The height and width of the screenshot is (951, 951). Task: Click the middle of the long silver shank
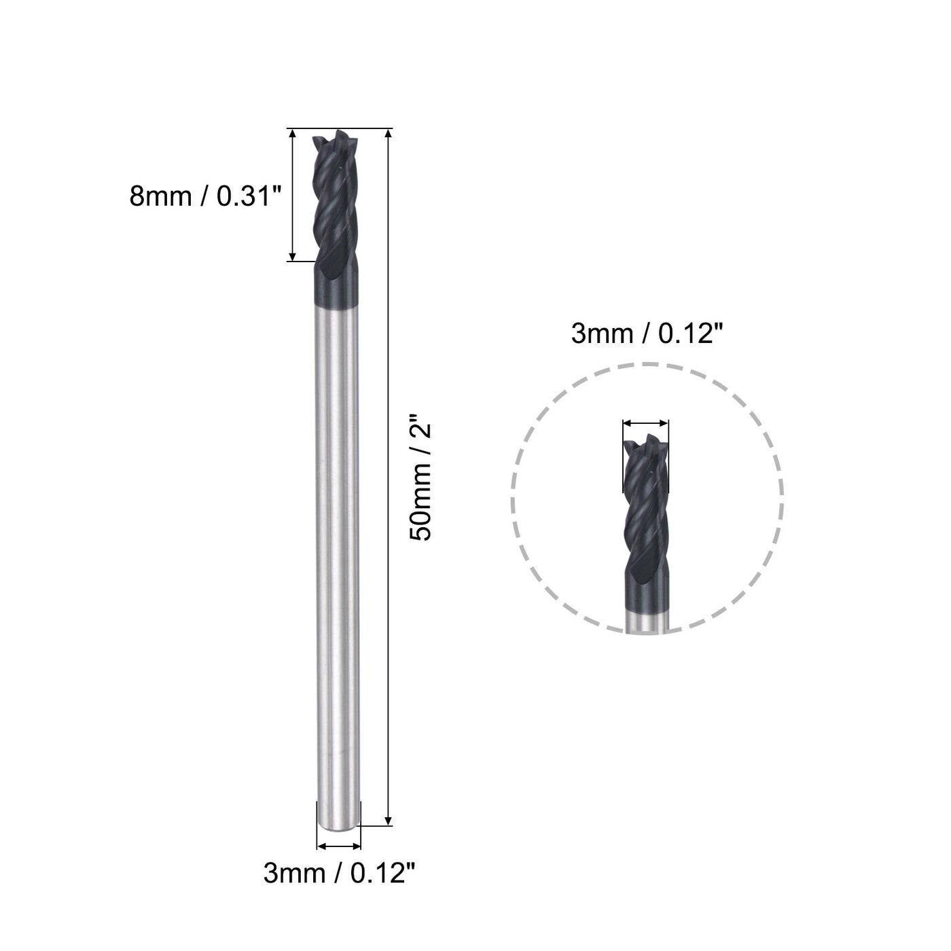[338, 557]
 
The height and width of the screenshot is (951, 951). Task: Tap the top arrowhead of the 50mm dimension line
[389, 134]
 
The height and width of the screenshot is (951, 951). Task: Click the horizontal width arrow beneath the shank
[339, 846]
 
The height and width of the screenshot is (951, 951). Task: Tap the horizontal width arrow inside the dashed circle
[645, 423]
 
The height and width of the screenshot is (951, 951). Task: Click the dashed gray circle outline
[512, 499]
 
